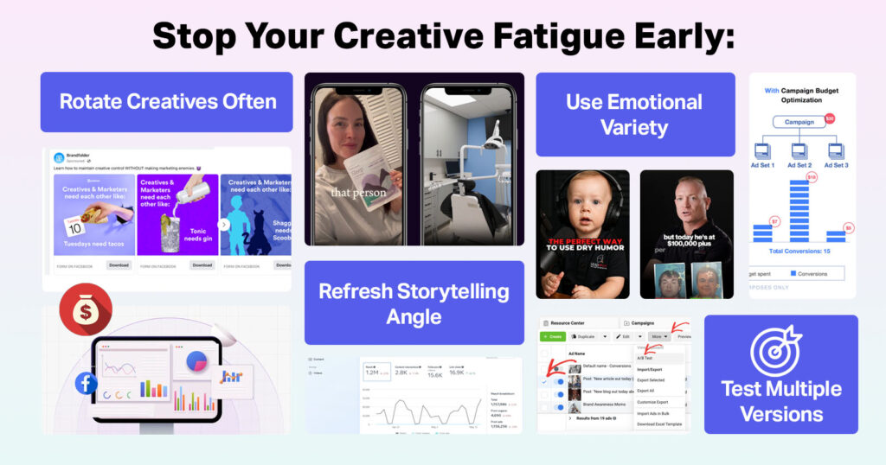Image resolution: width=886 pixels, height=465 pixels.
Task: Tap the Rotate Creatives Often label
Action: click(x=167, y=102)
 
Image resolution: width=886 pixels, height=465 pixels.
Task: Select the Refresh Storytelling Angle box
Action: click(x=414, y=303)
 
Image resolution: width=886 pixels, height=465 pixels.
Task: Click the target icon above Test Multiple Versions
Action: click(x=775, y=348)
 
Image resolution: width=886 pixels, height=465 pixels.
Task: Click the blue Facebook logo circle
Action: click(x=87, y=383)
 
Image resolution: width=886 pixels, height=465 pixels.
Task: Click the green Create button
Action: click(x=554, y=336)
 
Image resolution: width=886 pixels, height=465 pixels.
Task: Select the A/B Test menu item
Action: click(x=645, y=357)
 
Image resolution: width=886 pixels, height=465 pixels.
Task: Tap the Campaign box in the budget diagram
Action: click(x=799, y=122)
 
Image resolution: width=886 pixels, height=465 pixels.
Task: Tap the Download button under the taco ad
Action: click(x=119, y=265)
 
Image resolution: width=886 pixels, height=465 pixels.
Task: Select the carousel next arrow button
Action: click(x=223, y=225)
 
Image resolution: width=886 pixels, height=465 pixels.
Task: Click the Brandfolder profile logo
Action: click(x=58, y=157)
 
